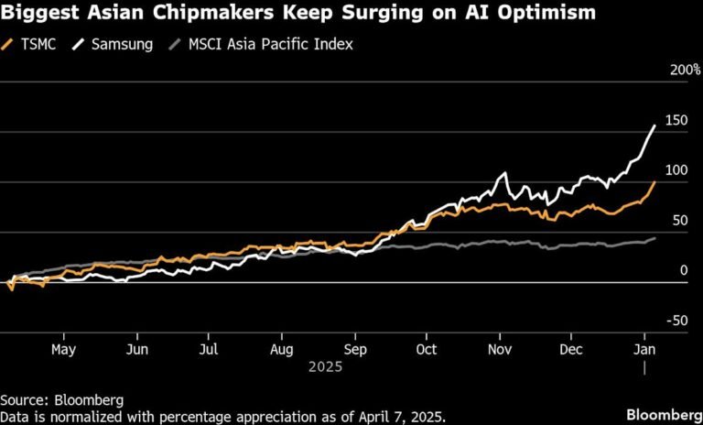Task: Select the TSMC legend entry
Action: click(x=37, y=43)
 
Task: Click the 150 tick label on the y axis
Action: click(x=676, y=120)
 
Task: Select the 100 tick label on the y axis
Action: click(x=676, y=170)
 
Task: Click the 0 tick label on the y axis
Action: click(x=682, y=270)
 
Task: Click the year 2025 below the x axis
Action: click(x=325, y=366)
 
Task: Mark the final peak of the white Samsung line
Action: click(x=654, y=125)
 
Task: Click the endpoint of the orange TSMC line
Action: click(x=654, y=182)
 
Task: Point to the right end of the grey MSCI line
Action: click(x=654, y=238)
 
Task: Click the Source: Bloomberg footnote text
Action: click(x=61, y=400)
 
